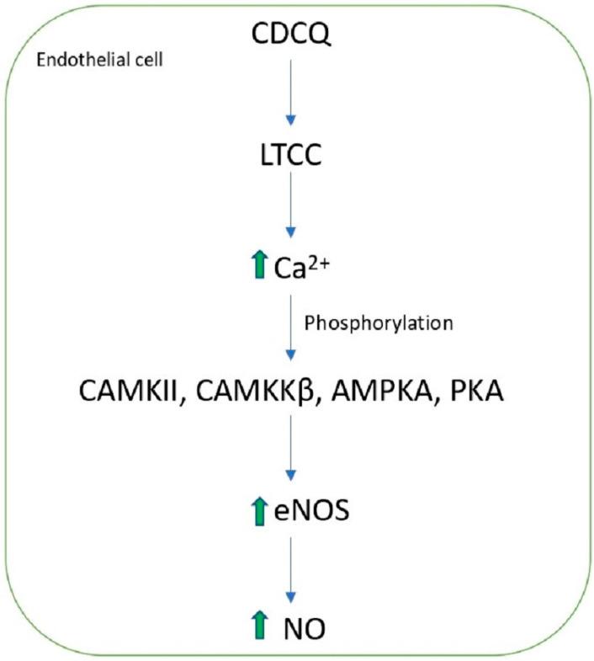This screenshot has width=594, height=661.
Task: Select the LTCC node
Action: coord(291,157)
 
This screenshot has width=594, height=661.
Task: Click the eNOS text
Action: coord(310,511)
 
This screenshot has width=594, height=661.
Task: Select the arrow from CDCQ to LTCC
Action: coord(291,93)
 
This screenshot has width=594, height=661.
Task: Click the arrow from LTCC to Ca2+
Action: coord(291,207)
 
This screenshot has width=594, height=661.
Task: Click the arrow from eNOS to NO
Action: coord(291,568)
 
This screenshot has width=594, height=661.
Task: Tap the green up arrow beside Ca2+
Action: coord(259,266)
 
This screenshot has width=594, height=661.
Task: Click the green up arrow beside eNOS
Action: coord(259,511)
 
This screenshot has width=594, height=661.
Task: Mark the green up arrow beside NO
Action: coord(259,626)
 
